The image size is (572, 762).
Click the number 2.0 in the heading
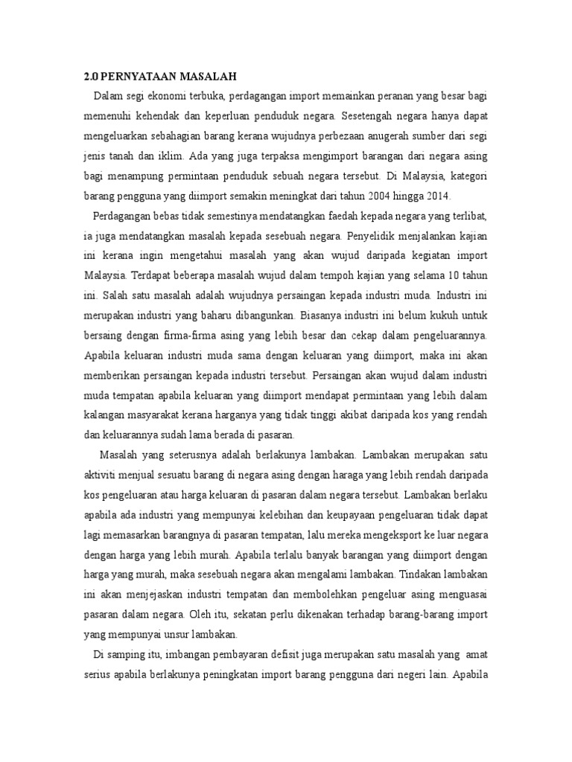click(89, 76)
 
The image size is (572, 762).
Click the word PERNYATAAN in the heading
click(134, 76)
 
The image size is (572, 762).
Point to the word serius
click(97, 673)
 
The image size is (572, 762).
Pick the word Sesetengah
click(370, 118)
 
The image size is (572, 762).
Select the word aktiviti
click(101, 474)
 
